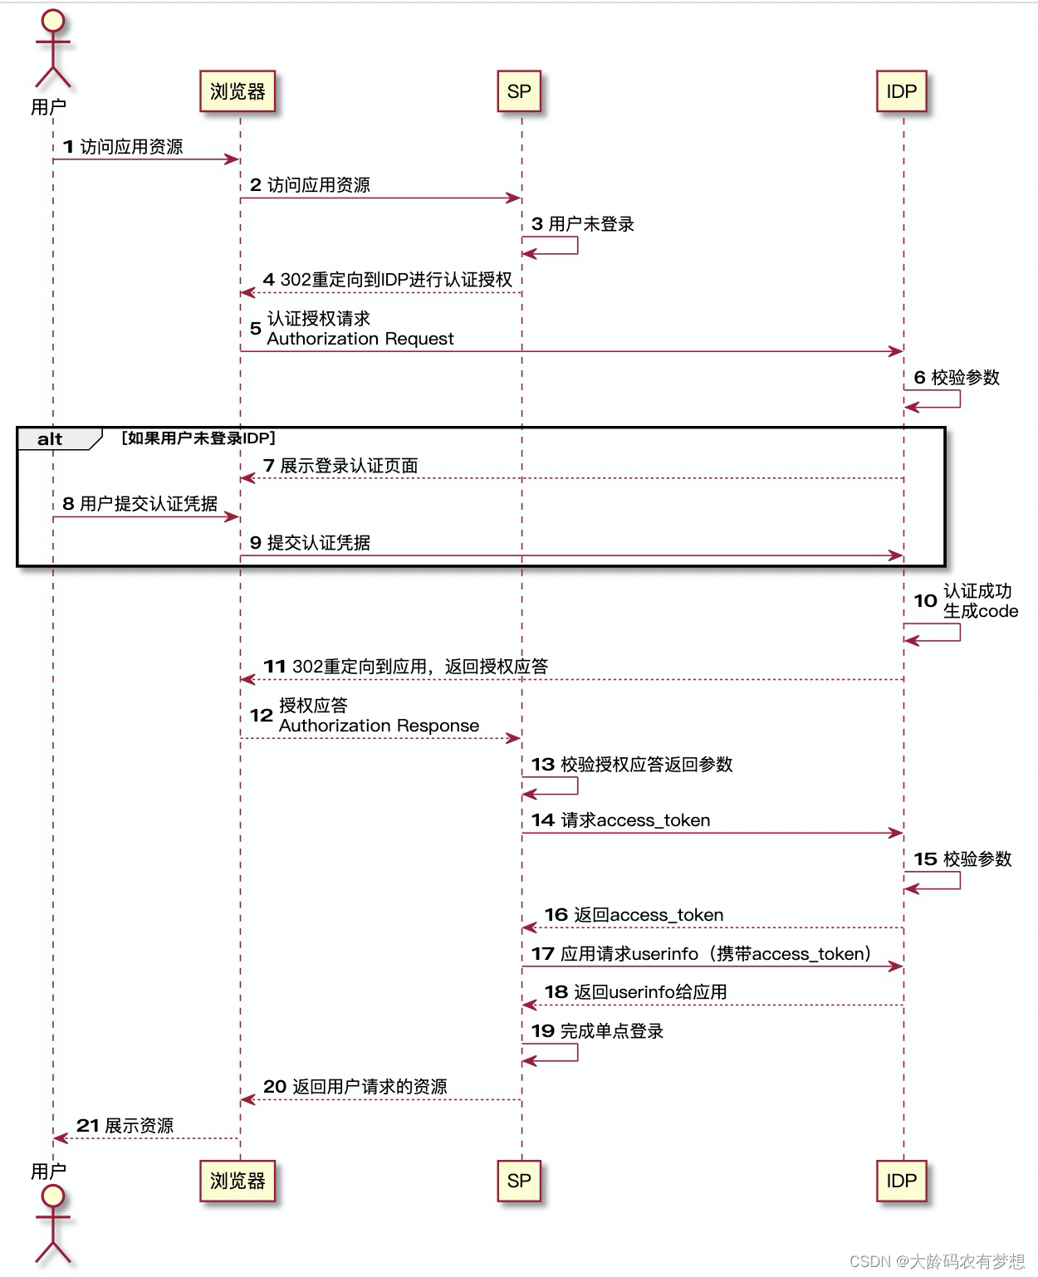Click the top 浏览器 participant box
click(237, 91)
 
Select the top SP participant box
click(519, 91)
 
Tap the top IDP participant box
click(901, 91)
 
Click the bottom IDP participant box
click(901, 1181)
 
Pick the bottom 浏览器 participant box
click(237, 1181)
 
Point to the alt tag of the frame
click(51, 439)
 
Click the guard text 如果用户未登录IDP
click(198, 438)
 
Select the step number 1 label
click(68, 147)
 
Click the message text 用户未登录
click(591, 224)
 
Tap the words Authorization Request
click(360, 339)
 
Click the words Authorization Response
click(379, 726)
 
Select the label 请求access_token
click(635, 820)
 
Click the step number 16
click(556, 915)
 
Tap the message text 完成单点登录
click(612, 1031)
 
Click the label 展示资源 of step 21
click(139, 1126)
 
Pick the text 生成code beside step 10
click(980, 611)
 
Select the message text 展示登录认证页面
click(349, 466)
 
